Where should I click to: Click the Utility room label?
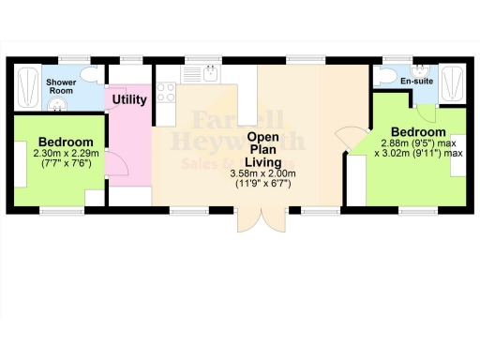128,99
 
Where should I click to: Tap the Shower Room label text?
61,86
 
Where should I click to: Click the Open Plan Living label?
264,149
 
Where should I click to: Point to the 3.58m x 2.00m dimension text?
263,174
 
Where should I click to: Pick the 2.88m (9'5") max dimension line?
419,144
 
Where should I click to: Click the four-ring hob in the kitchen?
167,92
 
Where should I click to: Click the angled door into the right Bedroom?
351,138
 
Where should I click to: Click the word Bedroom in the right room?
412,132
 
